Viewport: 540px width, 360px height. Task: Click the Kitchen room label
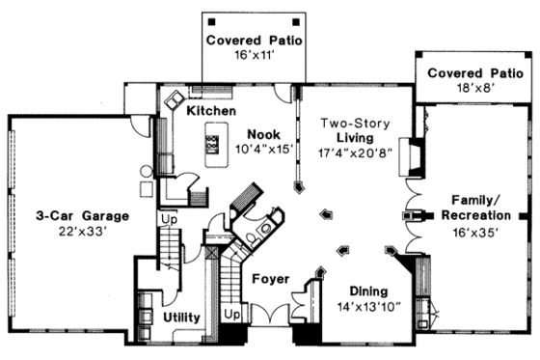click(x=211, y=112)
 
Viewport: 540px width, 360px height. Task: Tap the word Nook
click(x=264, y=134)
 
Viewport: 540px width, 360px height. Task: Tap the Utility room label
click(x=181, y=317)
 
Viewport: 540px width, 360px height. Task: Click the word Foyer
click(x=271, y=279)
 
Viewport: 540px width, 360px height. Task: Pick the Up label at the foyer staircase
click(x=230, y=315)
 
